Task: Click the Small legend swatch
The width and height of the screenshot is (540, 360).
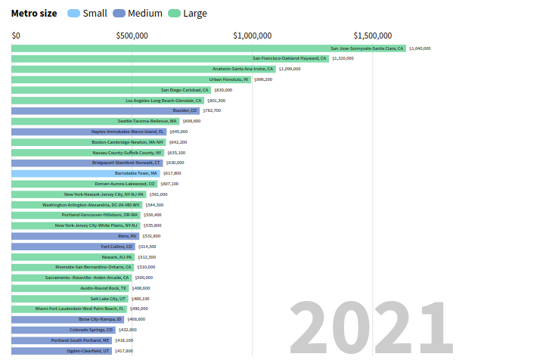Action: [73, 13]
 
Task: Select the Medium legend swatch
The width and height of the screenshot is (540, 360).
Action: [119, 13]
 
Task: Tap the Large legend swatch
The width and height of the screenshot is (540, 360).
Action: [174, 13]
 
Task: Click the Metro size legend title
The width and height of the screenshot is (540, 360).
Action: [33, 13]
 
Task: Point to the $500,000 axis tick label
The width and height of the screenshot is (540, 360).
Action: [132, 36]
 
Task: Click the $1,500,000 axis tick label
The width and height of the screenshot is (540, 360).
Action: [373, 36]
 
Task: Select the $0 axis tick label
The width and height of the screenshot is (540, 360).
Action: [16, 36]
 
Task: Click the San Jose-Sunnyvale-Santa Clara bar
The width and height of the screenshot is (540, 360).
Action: [209, 48]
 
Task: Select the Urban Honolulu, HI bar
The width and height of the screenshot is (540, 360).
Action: [131, 79]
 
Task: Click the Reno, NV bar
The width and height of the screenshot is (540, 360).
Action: [75, 236]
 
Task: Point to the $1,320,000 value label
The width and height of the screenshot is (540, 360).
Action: [343, 58]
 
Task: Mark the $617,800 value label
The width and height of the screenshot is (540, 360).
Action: [172, 173]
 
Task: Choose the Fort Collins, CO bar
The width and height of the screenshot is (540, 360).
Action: [73, 247]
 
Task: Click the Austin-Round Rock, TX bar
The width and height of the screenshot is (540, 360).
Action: [70, 288]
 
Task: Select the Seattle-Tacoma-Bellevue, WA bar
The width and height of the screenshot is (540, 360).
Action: [95, 121]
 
